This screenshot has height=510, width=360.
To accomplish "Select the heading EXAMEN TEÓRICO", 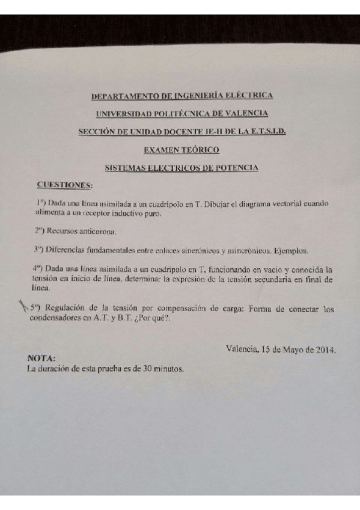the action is pos(182,150).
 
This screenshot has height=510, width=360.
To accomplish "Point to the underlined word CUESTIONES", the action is pos(64,184).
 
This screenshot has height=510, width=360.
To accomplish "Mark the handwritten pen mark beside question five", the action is pos(23,307).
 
